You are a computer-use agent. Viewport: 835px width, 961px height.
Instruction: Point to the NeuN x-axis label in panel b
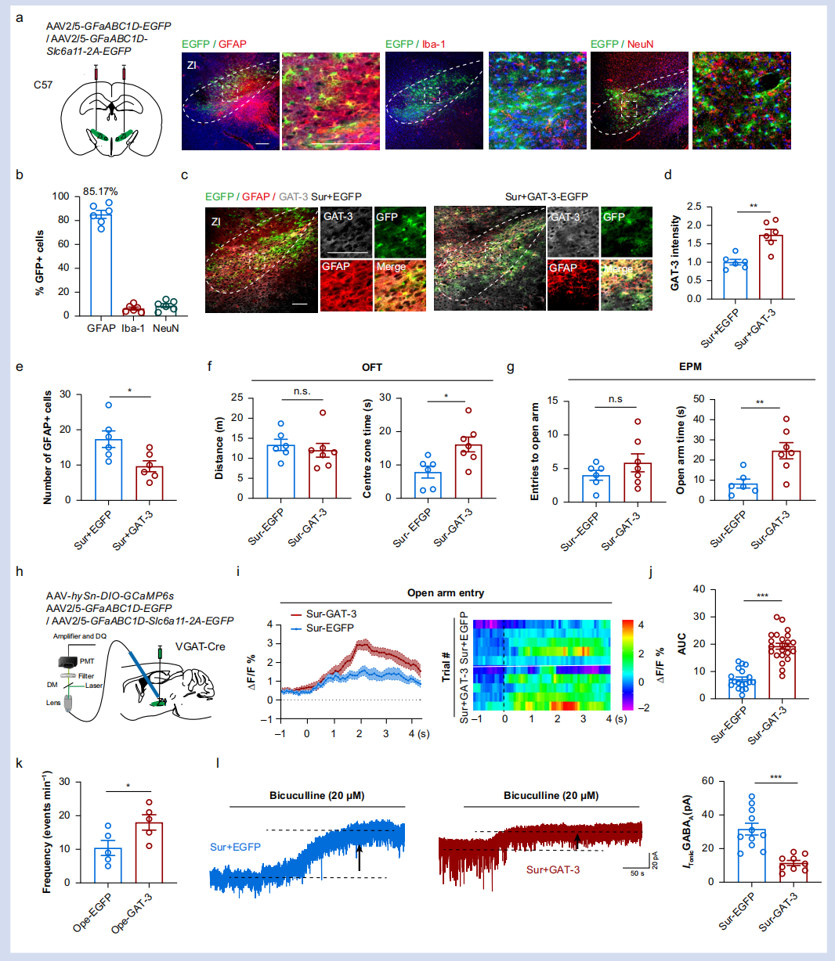[165, 328]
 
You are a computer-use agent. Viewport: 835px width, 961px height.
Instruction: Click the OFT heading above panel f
[372, 367]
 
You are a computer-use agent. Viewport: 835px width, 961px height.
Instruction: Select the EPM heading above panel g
[692, 367]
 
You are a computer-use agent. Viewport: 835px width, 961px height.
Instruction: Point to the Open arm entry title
[445, 592]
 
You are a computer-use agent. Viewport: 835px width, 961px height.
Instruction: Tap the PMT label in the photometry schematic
[86, 661]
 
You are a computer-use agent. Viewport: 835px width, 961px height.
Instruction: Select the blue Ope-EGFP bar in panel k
[108, 866]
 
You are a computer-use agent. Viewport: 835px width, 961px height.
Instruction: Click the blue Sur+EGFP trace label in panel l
[236, 846]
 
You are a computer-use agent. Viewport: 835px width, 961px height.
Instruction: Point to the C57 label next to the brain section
[43, 85]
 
